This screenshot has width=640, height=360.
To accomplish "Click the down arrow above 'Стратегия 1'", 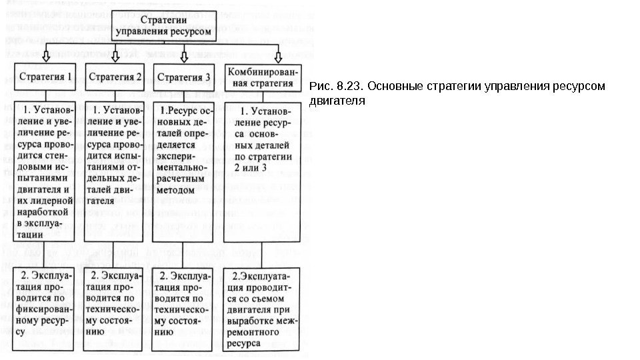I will (45, 53).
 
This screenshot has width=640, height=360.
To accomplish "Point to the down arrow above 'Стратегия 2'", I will (115, 53).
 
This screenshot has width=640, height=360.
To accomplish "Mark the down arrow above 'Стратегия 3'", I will (184, 53).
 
